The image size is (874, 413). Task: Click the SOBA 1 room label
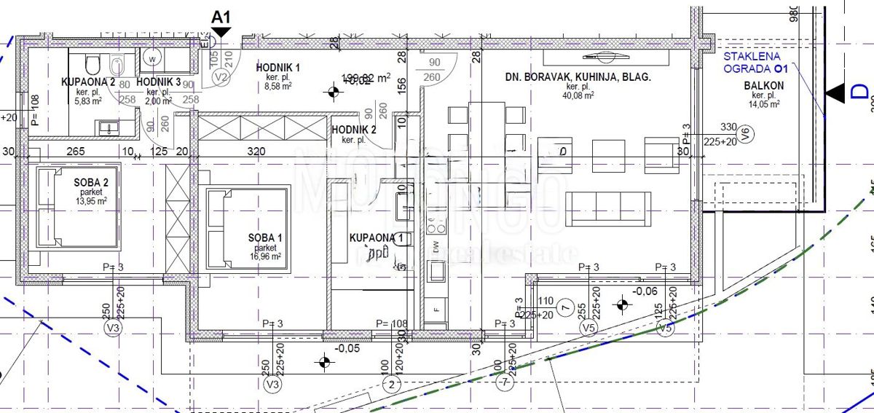(x=261, y=237)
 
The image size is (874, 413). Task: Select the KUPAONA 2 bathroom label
(x=88, y=82)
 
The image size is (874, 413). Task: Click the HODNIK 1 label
(x=278, y=68)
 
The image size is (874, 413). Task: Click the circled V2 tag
(x=223, y=77)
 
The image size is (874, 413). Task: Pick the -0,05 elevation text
(x=347, y=349)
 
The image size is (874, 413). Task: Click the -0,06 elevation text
(x=646, y=291)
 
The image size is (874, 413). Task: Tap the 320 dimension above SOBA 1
(x=255, y=152)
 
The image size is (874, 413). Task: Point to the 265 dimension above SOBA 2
(x=76, y=152)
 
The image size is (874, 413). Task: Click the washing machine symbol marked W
(x=153, y=57)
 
